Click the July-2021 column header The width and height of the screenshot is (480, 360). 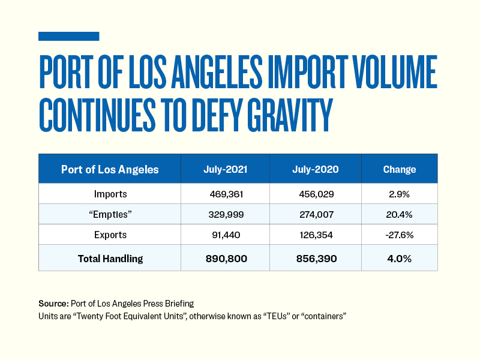225,169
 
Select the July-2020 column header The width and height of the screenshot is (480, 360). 315,169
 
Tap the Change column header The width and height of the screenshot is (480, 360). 400,169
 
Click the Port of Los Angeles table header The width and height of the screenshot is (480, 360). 110,169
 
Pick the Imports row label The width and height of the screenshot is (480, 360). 110,194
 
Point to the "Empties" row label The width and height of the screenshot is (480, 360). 110,215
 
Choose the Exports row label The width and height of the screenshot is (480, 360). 110,235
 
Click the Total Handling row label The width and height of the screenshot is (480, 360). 110,258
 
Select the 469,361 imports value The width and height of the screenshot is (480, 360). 225,194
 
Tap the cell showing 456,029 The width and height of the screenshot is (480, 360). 315,194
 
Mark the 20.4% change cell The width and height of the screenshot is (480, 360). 400,215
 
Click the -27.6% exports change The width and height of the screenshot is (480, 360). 400,235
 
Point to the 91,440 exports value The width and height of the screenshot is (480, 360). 225,235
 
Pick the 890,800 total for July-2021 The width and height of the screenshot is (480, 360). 225,258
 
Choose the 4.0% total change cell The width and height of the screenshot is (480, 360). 400,258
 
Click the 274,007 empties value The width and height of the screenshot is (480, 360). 315,215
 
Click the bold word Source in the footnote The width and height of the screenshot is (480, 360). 53,304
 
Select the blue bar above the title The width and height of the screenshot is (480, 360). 68,37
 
